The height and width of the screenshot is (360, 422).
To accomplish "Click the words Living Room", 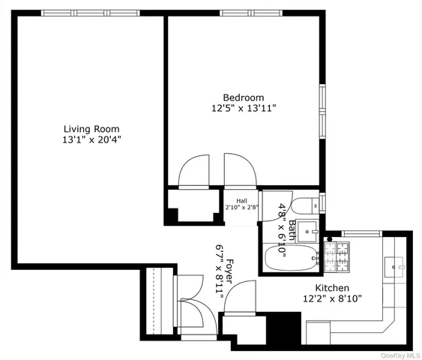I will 91,129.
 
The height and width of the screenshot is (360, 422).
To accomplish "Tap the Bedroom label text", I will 244,97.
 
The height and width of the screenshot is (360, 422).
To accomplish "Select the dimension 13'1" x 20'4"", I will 91,140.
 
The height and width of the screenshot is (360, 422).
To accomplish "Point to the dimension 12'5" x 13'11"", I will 244,109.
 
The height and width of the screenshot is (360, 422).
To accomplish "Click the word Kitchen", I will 331,286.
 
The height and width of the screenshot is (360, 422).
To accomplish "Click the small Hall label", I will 242,201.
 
